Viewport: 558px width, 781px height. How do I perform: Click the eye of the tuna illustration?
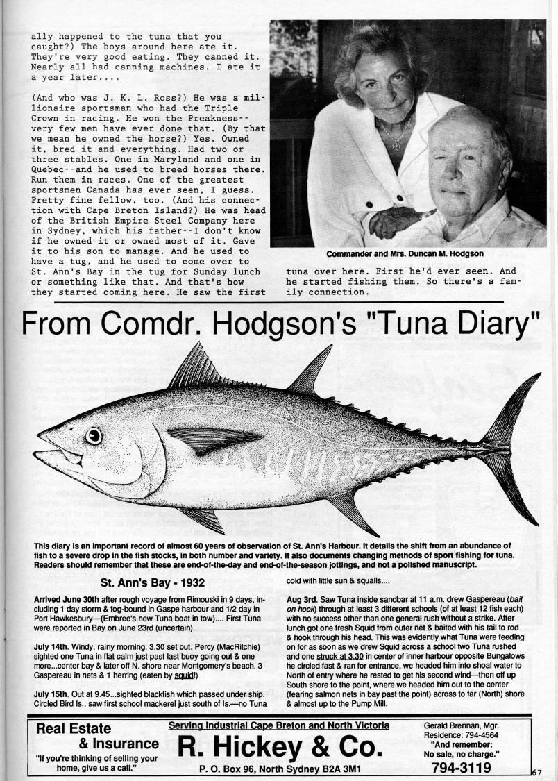tap(92, 436)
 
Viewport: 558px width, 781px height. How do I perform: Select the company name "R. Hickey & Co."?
tap(280, 747)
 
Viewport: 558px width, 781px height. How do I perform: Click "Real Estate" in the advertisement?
tap(74, 728)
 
